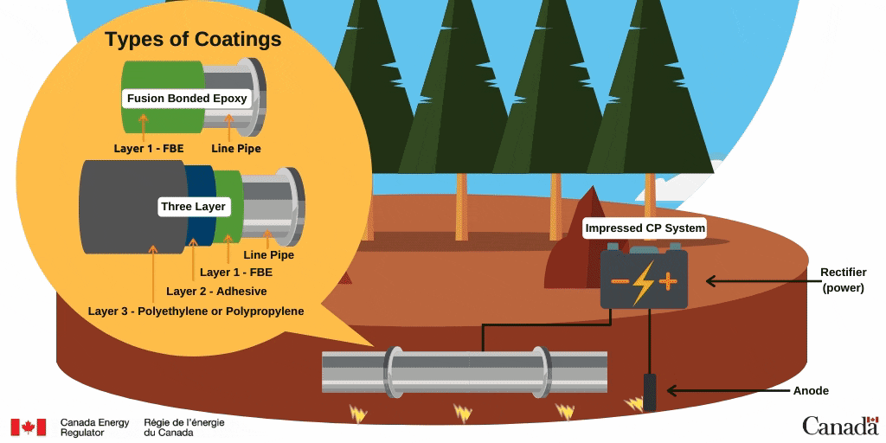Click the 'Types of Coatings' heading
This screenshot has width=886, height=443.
(193, 40)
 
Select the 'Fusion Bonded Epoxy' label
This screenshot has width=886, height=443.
(187, 98)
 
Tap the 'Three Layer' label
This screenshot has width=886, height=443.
(193, 207)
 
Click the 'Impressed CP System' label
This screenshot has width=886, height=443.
(645, 228)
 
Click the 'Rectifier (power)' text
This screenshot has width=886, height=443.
(843, 280)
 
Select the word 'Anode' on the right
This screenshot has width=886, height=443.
(811, 391)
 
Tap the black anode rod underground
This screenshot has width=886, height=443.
(649, 392)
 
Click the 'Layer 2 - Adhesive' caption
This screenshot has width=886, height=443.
(216, 292)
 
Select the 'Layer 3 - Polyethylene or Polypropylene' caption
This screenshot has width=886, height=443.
(196, 311)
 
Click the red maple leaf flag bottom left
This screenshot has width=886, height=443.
(28, 427)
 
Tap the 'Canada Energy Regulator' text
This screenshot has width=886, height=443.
(94, 427)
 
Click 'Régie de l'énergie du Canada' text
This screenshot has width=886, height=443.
(184, 427)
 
